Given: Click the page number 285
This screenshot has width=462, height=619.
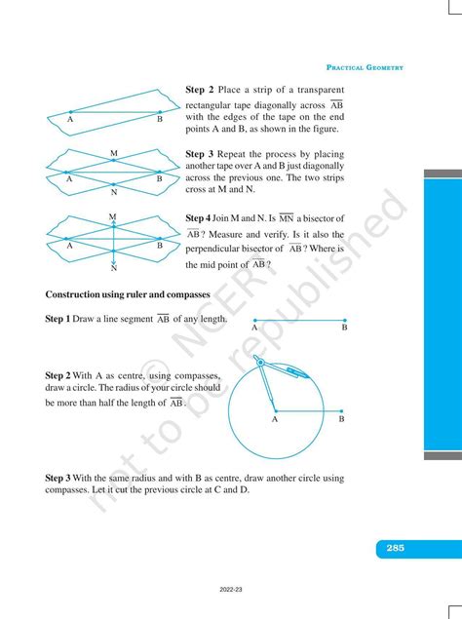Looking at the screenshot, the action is pyautogui.click(x=395, y=549).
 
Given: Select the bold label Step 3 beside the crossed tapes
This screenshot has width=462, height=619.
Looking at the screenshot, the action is pyautogui.click(x=200, y=154).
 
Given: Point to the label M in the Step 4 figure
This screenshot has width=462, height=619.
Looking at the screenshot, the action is pyautogui.click(x=113, y=215).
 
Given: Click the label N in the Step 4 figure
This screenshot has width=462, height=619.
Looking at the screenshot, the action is pyautogui.click(x=114, y=266).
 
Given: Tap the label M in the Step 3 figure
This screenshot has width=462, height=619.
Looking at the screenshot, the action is pyautogui.click(x=114, y=153).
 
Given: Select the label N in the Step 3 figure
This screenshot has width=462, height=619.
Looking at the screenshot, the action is pyautogui.click(x=114, y=192).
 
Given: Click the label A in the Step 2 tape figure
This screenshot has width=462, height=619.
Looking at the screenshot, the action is pyautogui.click(x=70, y=119).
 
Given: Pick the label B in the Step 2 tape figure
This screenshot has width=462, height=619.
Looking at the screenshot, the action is pyautogui.click(x=160, y=119).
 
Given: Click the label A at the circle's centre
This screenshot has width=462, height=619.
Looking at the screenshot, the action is pyautogui.click(x=274, y=419).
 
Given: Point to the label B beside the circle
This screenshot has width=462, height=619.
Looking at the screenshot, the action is pyautogui.click(x=341, y=419).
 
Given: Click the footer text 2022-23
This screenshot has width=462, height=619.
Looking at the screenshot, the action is pyautogui.click(x=231, y=590).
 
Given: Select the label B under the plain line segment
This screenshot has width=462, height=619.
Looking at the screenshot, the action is pyautogui.click(x=344, y=329).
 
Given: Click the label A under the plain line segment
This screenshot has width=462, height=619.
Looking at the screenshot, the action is pyautogui.click(x=254, y=329).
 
